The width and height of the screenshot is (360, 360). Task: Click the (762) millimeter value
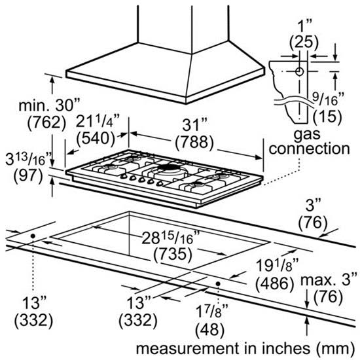click(46, 122)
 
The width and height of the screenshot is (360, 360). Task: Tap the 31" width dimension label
click(194, 126)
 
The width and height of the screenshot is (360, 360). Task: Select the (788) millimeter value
click(194, 142)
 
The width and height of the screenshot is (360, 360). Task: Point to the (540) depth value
click(96, 139)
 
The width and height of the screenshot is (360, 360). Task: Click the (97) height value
click(28, 175)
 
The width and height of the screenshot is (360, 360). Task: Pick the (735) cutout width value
click(173, 255)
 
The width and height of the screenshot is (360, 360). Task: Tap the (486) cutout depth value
click(275, 283)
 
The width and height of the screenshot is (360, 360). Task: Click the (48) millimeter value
click(209, 330)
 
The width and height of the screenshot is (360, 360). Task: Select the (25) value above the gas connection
click(304, 43)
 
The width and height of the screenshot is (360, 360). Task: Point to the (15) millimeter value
click(327, 117)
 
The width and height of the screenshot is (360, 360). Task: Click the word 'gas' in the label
click(307, 134)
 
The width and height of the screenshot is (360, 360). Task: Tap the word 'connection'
click(309, 149)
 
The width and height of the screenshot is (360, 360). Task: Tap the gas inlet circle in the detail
click(299, 71)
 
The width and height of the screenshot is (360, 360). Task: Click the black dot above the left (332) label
click(33, 236)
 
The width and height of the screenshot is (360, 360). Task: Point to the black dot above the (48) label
click(218, 284)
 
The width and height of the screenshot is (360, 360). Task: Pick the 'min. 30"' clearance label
click(49, 105)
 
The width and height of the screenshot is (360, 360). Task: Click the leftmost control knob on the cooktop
click(124, 176)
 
